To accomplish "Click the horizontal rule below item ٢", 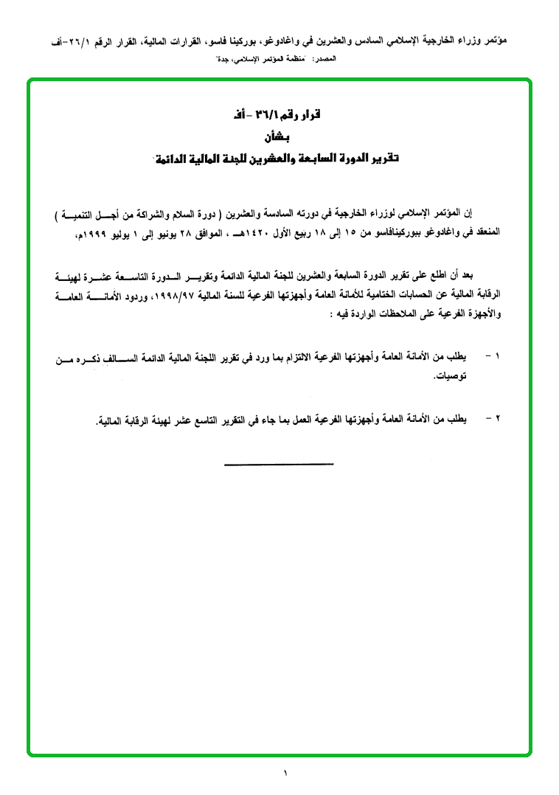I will [278, 464].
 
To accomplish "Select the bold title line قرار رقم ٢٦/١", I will [278, 117].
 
